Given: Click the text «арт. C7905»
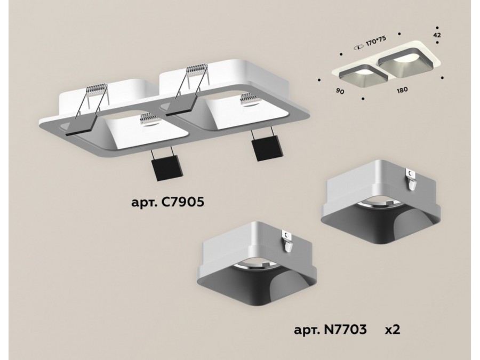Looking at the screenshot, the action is coord(168,202).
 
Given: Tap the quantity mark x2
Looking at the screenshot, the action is coord(393,330).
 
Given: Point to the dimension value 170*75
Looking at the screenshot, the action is coord(376,41).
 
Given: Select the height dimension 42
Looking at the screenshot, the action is coord(437,35).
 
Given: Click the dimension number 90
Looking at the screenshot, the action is coord(340,91).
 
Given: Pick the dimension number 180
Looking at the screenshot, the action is coord(402,90).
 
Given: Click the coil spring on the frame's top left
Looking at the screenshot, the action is coord(97,90).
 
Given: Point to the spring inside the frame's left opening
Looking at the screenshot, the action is coord(149,118).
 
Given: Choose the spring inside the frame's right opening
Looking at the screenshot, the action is coord(250,99).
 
